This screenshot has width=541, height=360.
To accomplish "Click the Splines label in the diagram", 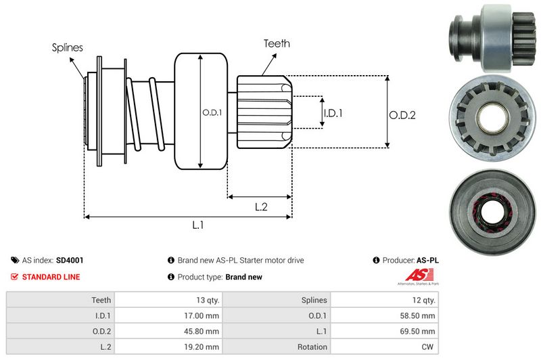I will point(68,47).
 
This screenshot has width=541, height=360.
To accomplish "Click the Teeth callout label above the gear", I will point(277,43).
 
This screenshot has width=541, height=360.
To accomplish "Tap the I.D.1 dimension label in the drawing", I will point(333,113).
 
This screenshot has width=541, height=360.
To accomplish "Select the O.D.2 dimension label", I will point(402,115).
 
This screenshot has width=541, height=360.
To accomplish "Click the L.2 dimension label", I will point(261,207).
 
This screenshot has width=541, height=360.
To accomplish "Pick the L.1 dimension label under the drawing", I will point(198,225).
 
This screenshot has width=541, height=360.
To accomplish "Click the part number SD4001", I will point(70,260).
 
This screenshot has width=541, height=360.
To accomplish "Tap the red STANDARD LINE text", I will point(51,277).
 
